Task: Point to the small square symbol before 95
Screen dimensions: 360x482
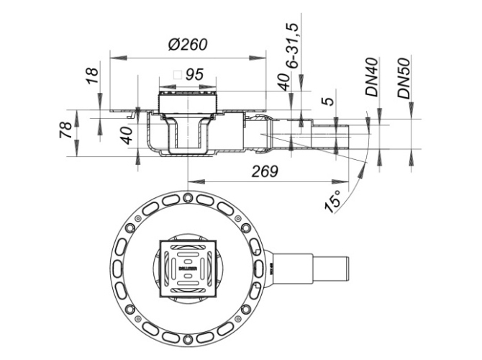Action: (177, 73)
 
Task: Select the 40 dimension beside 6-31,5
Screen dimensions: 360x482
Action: (286, 81)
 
